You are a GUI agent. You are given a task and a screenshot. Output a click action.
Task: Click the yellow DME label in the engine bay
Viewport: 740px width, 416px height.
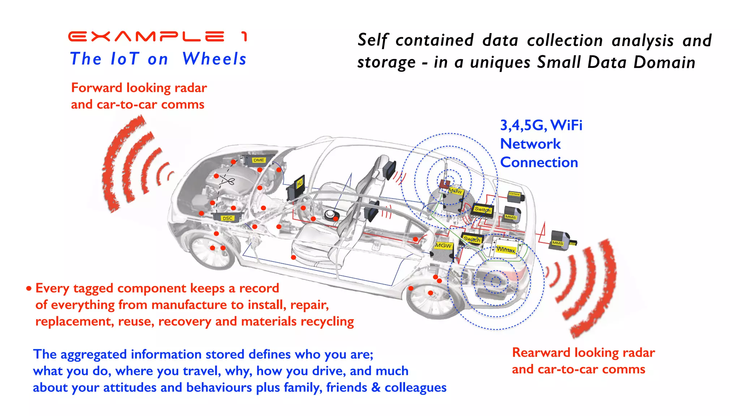(259, 160)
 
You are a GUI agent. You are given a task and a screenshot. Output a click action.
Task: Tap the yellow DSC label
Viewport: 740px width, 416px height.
(227, 218)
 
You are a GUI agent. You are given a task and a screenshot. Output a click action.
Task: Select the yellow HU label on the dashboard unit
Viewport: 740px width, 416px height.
(300, 184)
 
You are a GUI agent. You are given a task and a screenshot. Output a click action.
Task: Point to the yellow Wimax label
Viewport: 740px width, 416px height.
(505, 250)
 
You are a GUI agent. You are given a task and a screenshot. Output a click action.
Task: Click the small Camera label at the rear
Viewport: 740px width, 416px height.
(514, 194)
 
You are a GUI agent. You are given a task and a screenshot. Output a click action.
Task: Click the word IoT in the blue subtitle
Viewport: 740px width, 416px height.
(124, 59)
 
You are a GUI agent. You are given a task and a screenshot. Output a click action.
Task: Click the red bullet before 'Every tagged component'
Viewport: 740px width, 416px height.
(29, 289)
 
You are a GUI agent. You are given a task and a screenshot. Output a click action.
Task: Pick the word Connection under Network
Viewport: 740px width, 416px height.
(539, 162)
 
